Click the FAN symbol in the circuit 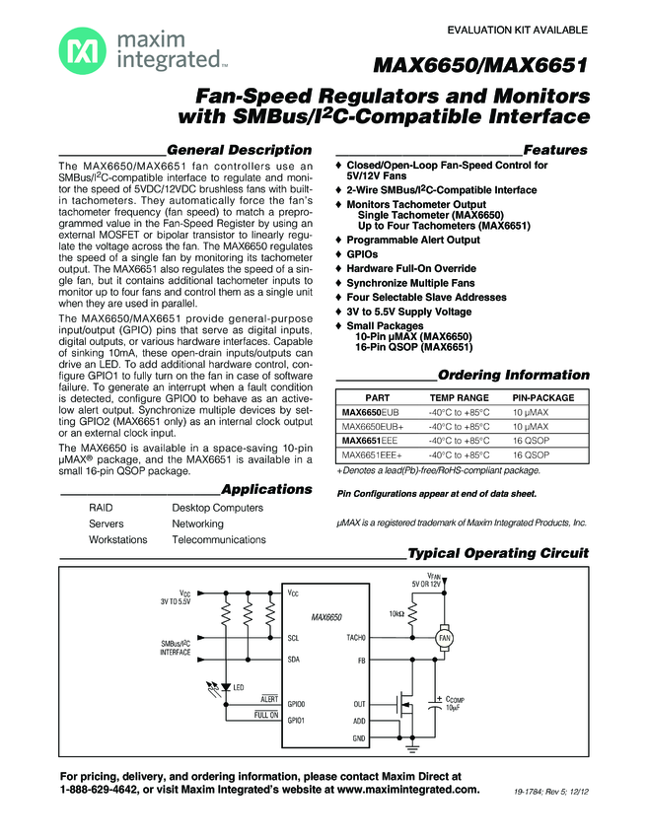[445, 638]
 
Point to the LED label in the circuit [238, 686]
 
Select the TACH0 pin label [355, 638]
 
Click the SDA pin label [293, 659]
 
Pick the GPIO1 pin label [296, 721]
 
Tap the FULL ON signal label [265, 715]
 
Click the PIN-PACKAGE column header [542, 396]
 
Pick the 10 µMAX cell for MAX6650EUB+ [531, 426]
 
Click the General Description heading [247, 150]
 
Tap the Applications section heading [266, 489]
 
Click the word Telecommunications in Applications [219, 540]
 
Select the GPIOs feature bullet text [364, 253]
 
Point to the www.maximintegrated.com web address [409, 790]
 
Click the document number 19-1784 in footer [533, 793]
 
